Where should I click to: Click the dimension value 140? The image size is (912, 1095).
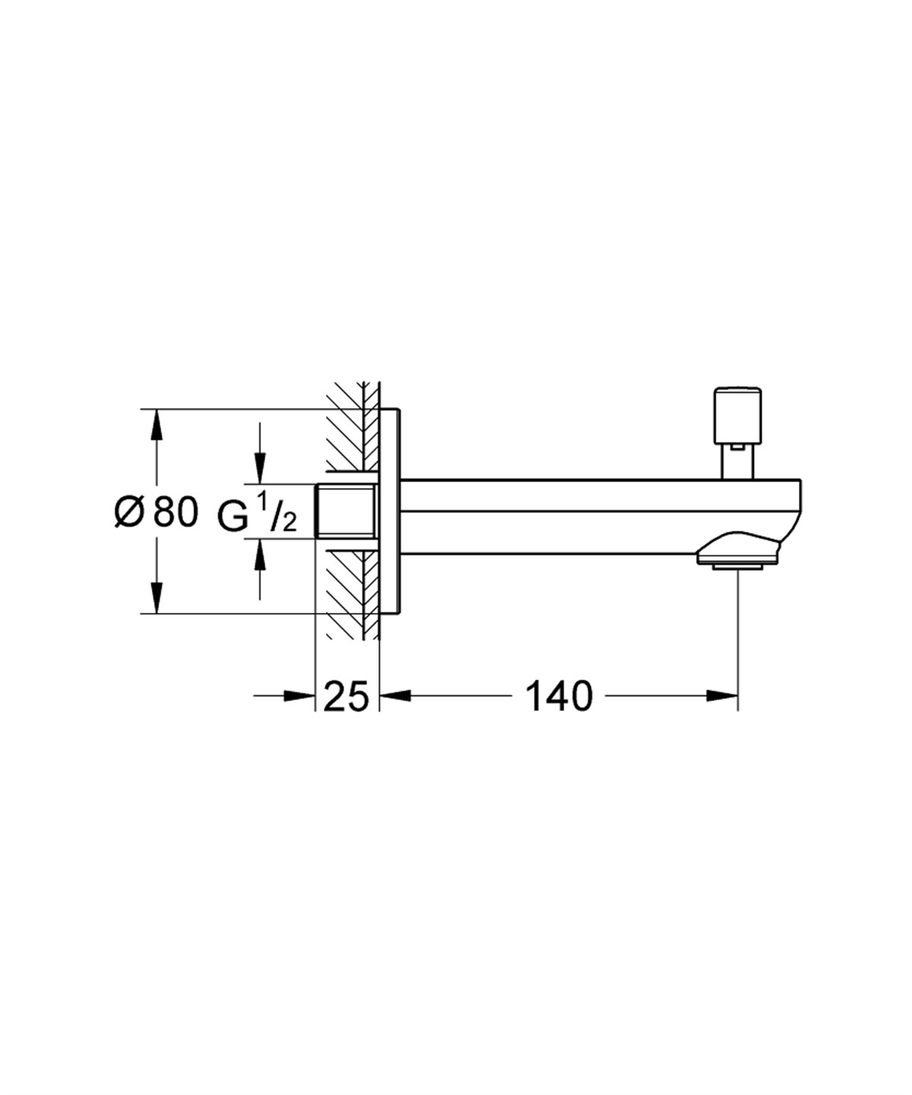point(558,697)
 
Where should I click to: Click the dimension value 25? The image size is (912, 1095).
point(346,697)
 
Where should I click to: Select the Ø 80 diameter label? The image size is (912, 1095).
point(156,512)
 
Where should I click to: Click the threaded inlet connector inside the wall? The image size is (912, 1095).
point(346,511)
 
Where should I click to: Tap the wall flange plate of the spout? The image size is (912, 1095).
point(389,511)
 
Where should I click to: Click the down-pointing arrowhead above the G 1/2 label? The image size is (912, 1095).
point(260,468)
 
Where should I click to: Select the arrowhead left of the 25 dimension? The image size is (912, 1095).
point(299,695)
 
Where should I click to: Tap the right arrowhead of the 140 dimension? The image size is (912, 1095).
point(722,695)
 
